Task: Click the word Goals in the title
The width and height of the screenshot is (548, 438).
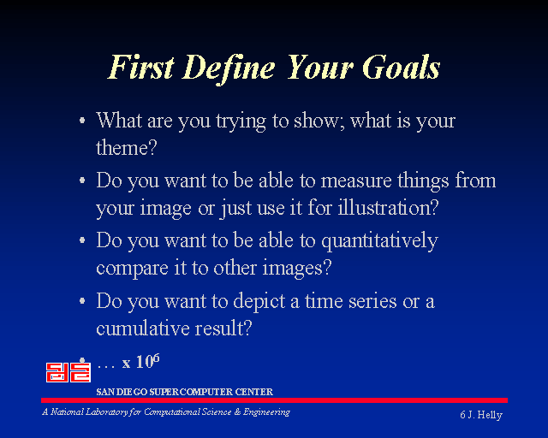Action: point(402,67)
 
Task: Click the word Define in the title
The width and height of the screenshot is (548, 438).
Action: point(229,69)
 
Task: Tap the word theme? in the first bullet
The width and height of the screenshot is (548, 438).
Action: point(127,147)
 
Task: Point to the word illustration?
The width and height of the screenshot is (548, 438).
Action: point(388,207)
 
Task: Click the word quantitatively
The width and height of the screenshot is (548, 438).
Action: point(379,242)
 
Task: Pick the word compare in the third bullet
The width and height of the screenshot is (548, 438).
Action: point(132,269)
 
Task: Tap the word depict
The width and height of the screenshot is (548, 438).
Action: point(259,301)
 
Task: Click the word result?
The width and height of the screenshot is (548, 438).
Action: point(223,328)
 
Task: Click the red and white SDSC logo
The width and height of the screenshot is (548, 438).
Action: point(68,372)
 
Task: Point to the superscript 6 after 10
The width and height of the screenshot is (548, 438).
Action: point(156,358)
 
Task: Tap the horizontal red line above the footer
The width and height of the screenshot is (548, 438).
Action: point(274,400)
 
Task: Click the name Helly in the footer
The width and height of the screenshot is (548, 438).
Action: point(490,415)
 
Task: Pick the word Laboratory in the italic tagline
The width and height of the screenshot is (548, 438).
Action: point(106,412)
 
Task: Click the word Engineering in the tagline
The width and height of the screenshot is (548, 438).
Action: point(266,412)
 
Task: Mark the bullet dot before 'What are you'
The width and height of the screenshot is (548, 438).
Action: point(82,121)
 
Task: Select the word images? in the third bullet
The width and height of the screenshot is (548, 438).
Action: point(297,269)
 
